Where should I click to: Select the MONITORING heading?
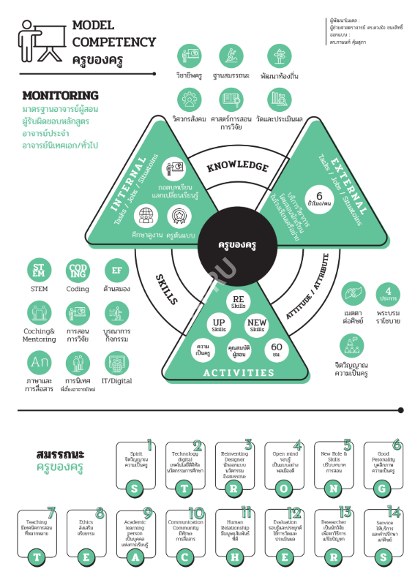[x=60, y=95]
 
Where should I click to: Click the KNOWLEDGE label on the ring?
[x=236, y=167]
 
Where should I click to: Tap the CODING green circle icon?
[x=78, y=270]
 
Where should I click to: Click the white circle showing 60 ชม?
[x=277, y=348]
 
